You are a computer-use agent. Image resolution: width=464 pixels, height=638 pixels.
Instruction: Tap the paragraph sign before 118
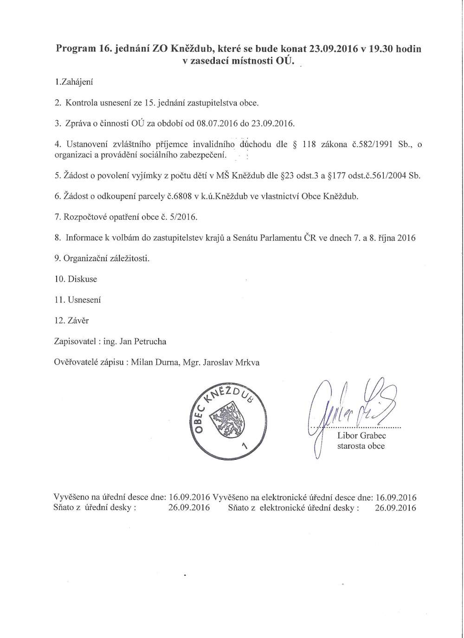295,144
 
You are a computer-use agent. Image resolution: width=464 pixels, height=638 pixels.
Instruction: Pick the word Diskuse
83,279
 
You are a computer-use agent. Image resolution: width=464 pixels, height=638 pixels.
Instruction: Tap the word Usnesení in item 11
84,300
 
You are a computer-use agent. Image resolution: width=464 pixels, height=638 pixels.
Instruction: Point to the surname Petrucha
150,342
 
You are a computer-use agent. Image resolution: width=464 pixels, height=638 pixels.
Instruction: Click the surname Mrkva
248,362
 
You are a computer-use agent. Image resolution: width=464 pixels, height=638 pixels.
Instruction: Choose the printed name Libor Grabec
361,436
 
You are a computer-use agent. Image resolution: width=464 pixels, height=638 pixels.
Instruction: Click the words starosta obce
361,446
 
